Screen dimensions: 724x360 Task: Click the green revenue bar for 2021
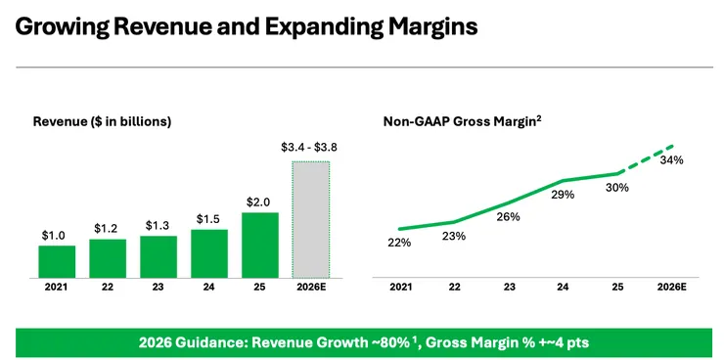(x=57, y=262)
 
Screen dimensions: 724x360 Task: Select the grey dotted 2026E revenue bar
(x=311, y=220)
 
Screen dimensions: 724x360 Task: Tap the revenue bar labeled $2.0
(x=260, y=246)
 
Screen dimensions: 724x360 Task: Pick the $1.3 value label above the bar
(x=158, y=225)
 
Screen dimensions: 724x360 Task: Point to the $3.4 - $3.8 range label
(x=309, y=148)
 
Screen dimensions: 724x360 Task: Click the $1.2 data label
(x=107, y=228)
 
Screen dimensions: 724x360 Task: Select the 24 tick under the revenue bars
(x=208, y=287)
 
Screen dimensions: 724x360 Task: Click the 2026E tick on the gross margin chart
(x=672, y=287)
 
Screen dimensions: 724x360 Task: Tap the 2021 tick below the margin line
(x=401, y=287)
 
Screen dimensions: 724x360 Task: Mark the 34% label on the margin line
(x=672, y=160)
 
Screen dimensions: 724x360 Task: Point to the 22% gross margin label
(x=399, y=243)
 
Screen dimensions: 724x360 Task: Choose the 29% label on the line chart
(x=563, y=195)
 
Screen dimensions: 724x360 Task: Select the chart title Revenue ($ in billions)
(x=102, y=122)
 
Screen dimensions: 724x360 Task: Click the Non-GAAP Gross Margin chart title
(x=462, y=121)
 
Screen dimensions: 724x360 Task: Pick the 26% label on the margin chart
(x=509, y=216)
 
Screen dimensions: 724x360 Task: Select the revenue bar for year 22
(x=108, y=258)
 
